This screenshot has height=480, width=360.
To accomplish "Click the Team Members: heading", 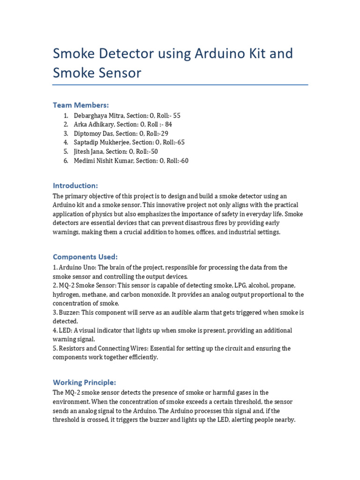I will pos(81,105).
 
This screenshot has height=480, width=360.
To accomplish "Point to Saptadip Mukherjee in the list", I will pos(102,142).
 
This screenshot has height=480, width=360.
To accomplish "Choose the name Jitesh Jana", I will pos(89,151).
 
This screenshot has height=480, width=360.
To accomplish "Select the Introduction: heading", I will pos(75,185).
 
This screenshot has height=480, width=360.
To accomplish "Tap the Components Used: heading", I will pos(85,257).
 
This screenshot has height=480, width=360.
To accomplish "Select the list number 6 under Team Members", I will pos(66,161).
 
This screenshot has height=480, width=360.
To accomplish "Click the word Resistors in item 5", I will pos(72,348).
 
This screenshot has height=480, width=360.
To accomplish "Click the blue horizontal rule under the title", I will pos(180,85).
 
